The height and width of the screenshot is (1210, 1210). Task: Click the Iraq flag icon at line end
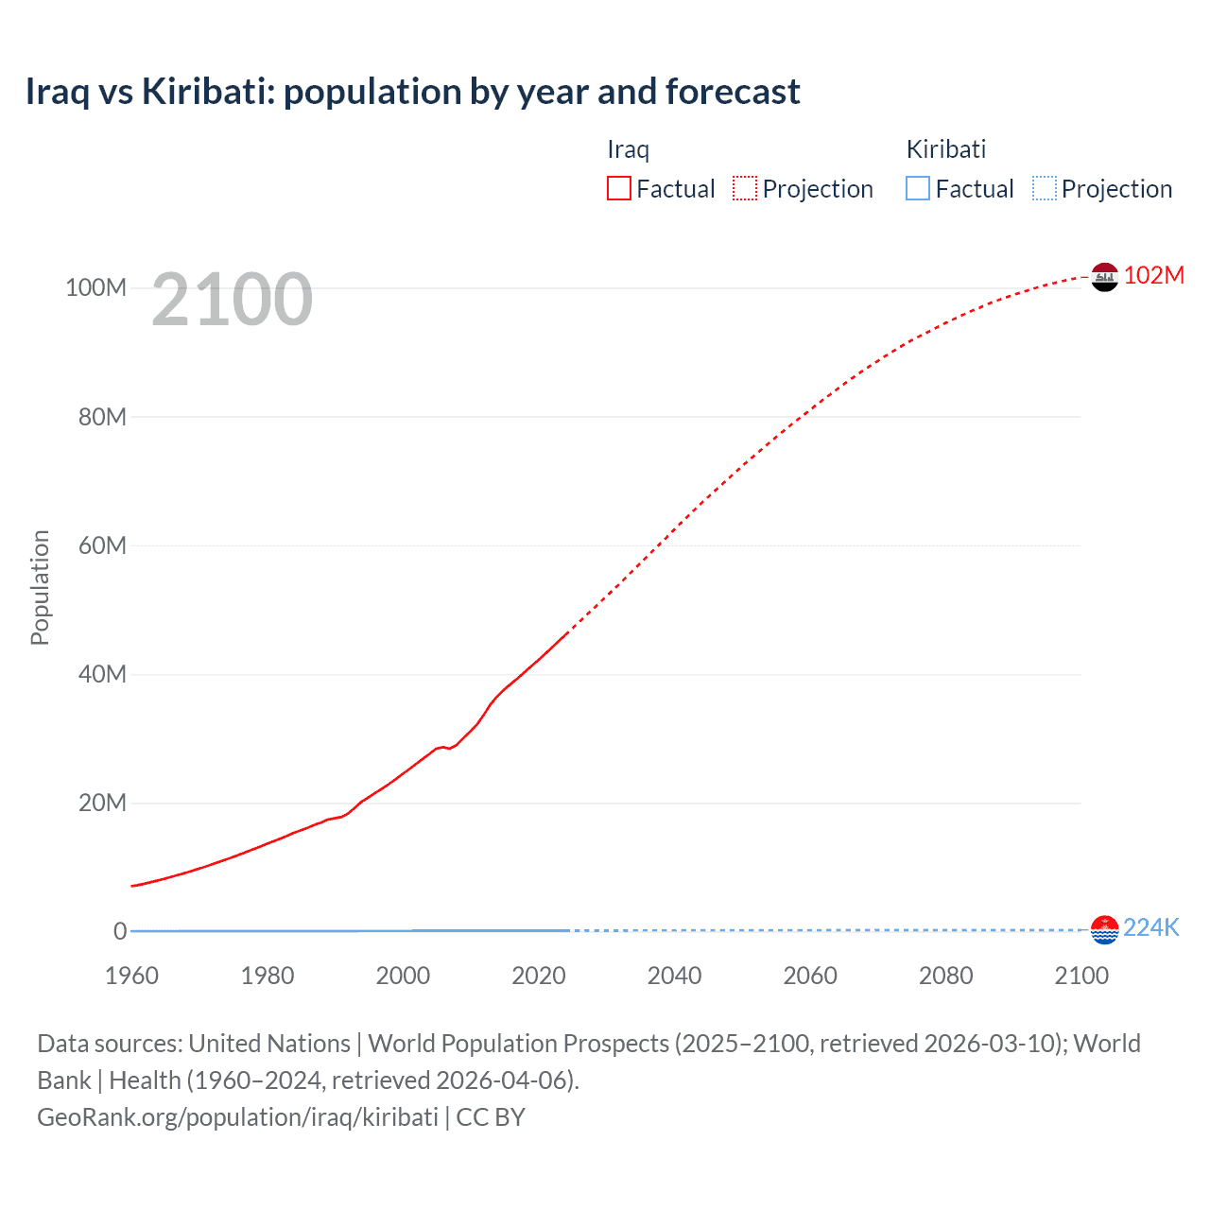click(1104, 277)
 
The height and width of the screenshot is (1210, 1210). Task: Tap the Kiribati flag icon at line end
click(1104, 929)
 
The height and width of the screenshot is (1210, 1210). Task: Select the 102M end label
click(1153, 275)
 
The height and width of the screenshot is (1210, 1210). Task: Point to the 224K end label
click(1150, 927)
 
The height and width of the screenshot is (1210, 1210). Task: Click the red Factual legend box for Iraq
click(619, 189)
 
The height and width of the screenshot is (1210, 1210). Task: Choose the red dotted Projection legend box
click(745, 189)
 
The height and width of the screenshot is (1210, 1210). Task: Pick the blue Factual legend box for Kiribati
click(918, 189)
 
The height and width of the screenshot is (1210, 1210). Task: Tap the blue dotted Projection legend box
click(1044, 189)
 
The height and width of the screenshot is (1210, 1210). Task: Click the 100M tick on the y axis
click(95, 288)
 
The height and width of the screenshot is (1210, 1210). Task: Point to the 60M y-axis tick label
click(102, 545)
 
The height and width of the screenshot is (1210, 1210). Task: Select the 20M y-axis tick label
click(102, 804)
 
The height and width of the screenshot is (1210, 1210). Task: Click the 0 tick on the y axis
click(120, 932)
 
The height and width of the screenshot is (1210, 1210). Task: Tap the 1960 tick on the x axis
click(131, 976)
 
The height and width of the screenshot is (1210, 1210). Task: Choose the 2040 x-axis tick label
click(674, 976)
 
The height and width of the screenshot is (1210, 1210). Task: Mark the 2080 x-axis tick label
click(945, 976)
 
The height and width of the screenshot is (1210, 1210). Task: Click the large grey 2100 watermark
click(232, 300)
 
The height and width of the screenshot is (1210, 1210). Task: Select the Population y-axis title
click(40, 587)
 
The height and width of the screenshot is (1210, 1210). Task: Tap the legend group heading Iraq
click(628, 149)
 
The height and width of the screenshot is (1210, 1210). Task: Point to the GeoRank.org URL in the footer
click(237, 1117)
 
